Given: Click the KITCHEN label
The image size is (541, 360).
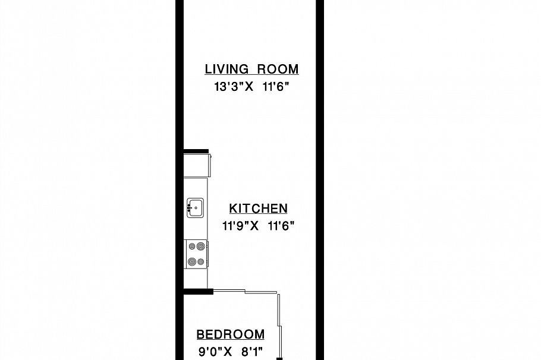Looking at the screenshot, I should tap(259, 209).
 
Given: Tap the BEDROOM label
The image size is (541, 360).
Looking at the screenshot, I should tap(231, 334).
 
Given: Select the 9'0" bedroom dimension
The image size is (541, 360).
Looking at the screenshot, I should tap(209, 351).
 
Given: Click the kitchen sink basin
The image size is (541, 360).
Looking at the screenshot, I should tap(197, 208).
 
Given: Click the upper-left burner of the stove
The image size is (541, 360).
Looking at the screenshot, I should tap(191, 245).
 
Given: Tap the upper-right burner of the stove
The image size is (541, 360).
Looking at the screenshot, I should tap(201, 245).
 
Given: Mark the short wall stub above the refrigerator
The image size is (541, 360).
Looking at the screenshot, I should tap(196, 151).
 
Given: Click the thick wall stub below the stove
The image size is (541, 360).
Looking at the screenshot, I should tap(198, 291).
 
